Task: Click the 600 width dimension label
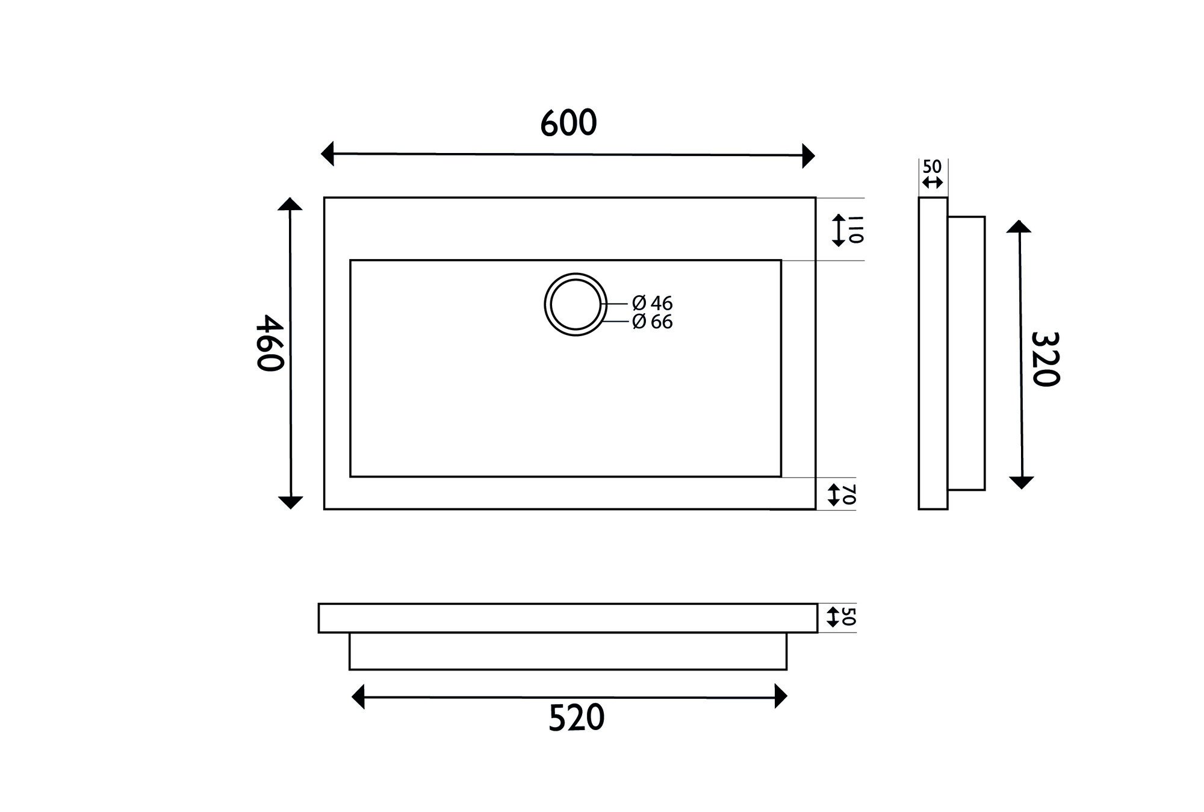point(568,123)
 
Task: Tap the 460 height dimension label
point(269,343)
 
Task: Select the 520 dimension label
point(576,718)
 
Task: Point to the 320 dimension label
point(1045,359)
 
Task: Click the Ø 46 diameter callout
point(653,302)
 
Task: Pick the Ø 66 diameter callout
point(653,322)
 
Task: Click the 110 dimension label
point(856,230)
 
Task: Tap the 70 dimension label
point(849,495)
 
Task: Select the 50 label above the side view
point(932,167)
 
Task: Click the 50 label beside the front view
point(849,617)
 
